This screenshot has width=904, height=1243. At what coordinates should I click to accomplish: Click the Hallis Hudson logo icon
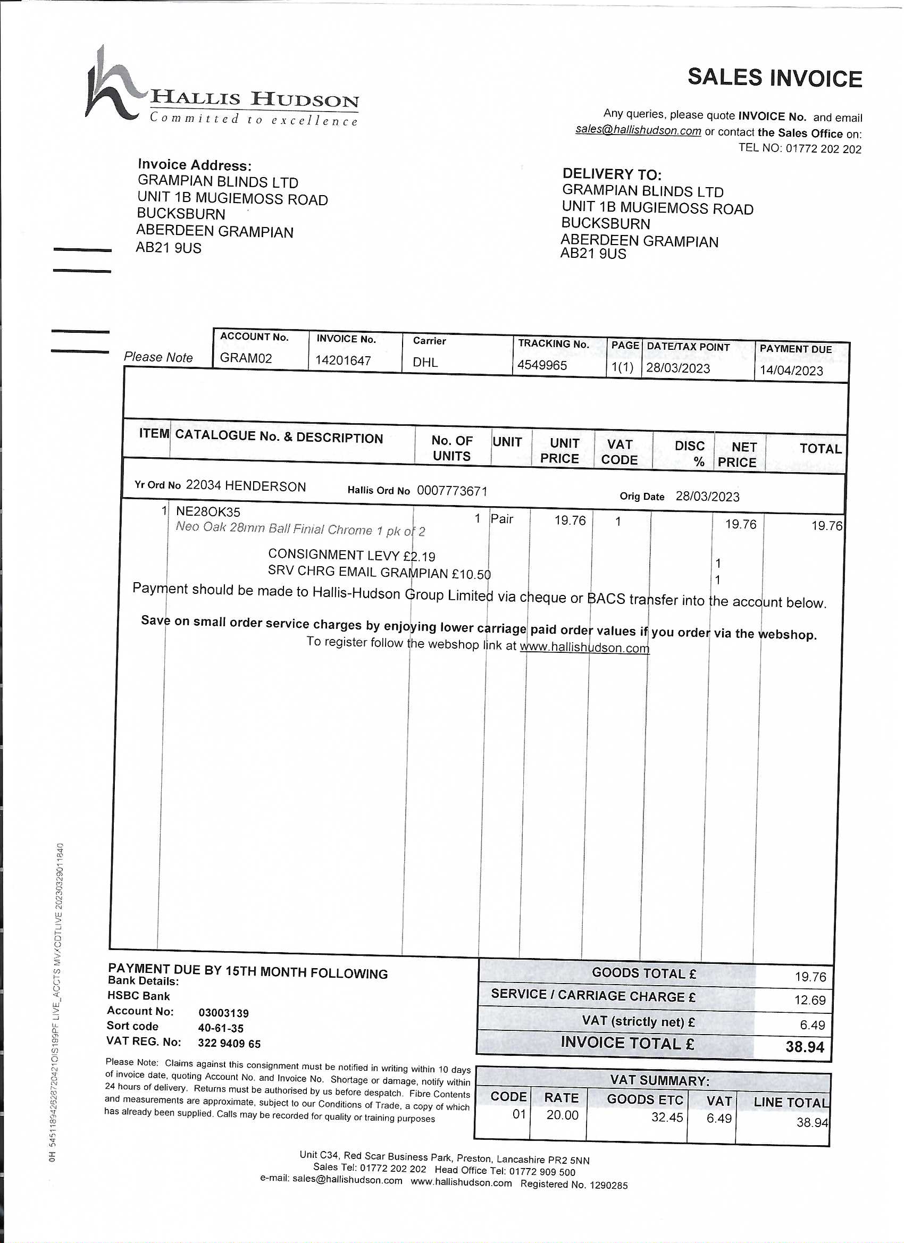tap(112, 83)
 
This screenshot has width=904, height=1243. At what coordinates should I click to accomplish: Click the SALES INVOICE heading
tap(775, 78)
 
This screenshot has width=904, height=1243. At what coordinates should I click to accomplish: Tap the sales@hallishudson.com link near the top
tap(638, 130)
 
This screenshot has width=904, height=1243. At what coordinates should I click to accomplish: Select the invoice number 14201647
tap(343, 360)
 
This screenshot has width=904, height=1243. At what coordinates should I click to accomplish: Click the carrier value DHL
tap(425, 362)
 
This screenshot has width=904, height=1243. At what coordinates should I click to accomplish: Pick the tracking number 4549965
tap(542, 365)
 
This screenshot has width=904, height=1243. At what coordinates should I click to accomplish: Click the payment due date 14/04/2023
tap(791, 371)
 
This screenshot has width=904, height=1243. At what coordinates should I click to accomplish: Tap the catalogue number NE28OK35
tap(208, 512)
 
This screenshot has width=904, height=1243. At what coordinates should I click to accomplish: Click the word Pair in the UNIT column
tap(501, 518)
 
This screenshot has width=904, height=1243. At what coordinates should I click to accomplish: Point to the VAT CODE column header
tap(620, 452)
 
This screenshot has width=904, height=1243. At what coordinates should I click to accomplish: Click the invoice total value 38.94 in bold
tap(804, 1047)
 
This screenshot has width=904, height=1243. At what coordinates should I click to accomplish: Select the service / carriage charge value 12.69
tap(810, 1000)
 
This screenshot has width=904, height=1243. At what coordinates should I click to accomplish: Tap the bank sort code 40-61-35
tap(221, 1028)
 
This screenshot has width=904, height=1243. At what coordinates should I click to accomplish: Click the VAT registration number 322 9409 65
tap(229, 1044)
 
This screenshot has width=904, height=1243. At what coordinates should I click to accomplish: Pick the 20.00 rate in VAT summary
tap(562, 1115)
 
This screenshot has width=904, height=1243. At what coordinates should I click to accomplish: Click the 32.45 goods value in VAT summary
tap(667, 1117)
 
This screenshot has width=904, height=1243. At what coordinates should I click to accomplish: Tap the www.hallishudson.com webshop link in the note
tap(584, 648)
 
